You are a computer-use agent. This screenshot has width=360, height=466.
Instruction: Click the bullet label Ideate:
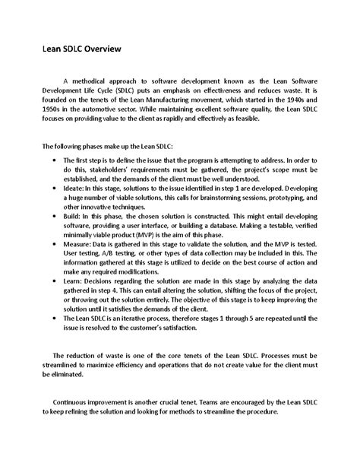coord(80,196)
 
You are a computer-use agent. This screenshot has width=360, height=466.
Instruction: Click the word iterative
coord(139,341)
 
